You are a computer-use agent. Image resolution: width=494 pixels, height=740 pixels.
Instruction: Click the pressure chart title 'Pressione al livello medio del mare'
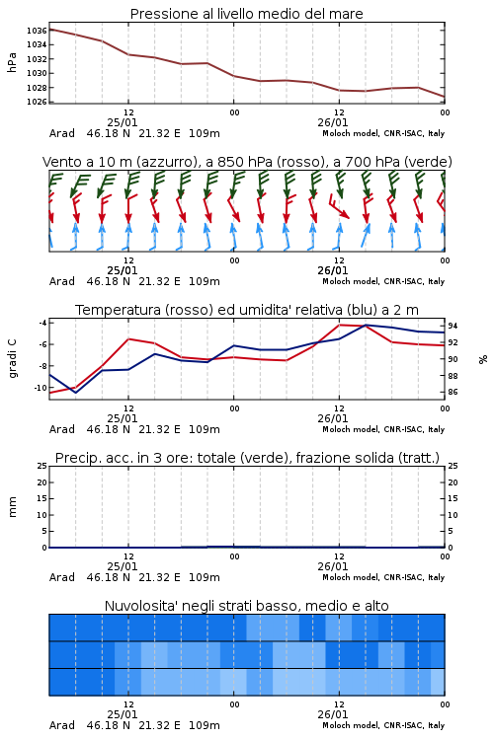246,14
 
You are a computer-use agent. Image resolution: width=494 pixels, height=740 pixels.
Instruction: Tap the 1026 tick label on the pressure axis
37,102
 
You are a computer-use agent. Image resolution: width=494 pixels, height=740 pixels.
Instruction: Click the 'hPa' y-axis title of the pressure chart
12,63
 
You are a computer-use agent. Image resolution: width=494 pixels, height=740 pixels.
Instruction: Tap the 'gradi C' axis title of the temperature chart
12,359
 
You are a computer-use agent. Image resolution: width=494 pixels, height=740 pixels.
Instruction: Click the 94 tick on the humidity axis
453,326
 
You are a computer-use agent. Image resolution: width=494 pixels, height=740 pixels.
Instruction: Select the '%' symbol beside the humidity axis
483,359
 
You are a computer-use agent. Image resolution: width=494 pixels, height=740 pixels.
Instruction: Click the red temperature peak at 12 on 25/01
128,338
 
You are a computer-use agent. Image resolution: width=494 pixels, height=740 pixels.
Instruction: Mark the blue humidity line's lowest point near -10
76,393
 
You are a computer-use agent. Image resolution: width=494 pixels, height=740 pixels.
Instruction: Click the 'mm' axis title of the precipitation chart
12,507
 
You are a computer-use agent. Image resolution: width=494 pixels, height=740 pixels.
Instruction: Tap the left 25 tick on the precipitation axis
42,466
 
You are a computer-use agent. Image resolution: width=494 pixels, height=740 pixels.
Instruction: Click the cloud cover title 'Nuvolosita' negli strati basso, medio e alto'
246,606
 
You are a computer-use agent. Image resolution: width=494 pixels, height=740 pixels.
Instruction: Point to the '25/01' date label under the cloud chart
123,714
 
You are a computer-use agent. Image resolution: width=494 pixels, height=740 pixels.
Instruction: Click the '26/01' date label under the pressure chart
333,122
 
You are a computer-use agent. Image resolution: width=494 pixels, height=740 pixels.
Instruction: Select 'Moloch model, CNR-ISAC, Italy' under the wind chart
383,281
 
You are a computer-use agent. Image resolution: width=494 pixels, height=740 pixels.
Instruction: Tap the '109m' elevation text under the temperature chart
205,429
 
